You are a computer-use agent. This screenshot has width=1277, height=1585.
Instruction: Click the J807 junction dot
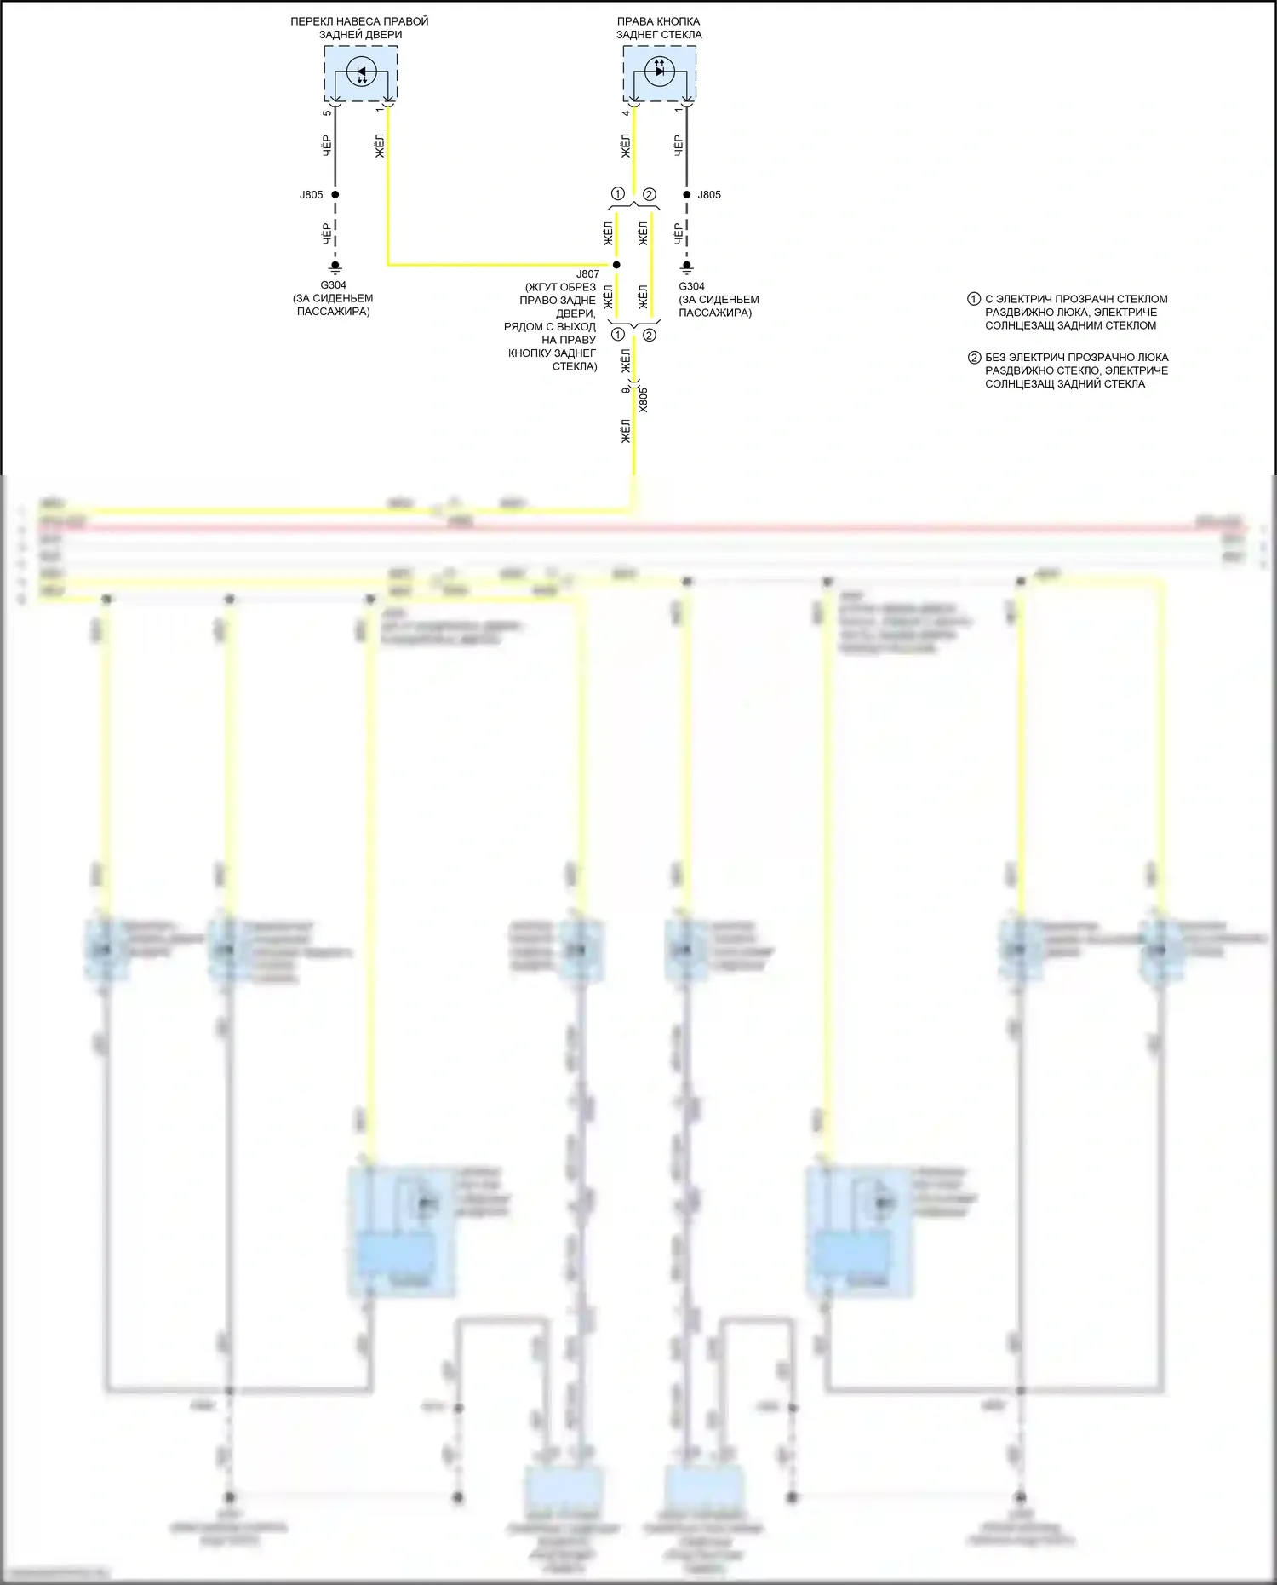tap(616, 265)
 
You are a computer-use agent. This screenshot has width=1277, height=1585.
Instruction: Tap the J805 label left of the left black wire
tap(311, 195)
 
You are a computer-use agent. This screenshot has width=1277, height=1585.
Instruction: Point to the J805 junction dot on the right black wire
tap(686, 195)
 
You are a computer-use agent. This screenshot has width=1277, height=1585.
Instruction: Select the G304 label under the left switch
tap(333, 285)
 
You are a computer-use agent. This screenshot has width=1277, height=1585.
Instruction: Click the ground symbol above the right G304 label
tap(686, 267)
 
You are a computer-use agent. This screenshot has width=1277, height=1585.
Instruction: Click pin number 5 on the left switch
tap(327, 112)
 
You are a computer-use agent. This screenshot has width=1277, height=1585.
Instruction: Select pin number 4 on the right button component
tap(626, 112)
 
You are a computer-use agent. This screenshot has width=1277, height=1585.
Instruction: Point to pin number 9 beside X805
tap(626, 389)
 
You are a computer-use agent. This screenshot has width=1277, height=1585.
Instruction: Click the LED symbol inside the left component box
tap(361, 72)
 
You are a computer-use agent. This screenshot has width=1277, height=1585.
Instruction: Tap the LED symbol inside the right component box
tap(660, 71)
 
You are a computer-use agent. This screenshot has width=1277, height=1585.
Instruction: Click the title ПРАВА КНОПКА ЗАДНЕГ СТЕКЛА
tap(659, 28)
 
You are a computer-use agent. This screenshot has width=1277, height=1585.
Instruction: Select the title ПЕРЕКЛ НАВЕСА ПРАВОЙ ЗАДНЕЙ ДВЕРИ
tap(360, 28)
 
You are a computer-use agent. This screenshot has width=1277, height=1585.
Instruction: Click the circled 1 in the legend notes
tap(974, 299)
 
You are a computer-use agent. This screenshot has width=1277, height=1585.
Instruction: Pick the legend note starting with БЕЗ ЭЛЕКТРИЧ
tap(1076, 370)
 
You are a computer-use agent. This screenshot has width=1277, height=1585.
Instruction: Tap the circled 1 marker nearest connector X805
tap(618, 334)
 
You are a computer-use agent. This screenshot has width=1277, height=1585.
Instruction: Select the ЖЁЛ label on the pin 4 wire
tap(626, 146)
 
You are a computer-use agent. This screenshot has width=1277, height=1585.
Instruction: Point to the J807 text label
tap(587, 274)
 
